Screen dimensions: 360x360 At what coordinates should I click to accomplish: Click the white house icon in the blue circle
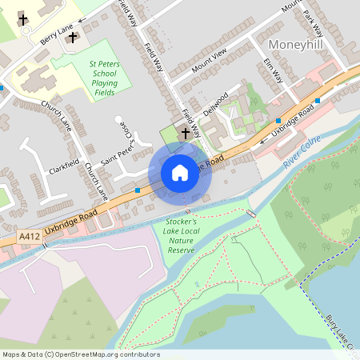tap(180, 173)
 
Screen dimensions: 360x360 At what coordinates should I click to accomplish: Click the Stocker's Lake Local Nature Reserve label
tap(181, 235)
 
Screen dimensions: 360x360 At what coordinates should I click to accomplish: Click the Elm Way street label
tap(274, 70)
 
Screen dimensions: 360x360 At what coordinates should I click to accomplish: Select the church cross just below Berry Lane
tap(73, 38)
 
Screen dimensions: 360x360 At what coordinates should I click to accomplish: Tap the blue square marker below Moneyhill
tap(318, 101)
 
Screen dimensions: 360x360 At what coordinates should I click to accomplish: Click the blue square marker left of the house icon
tap(138, 190)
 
